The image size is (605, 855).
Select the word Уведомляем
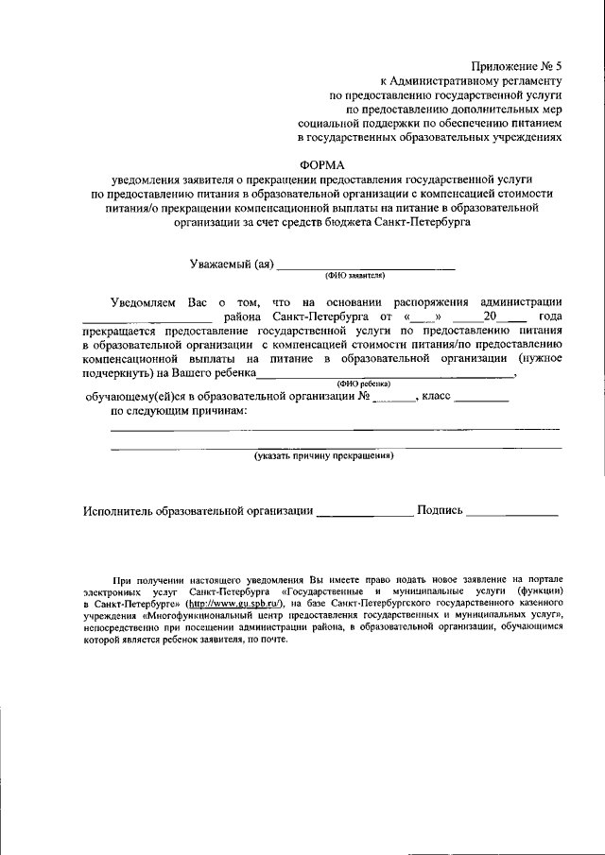pyautogui.click(x=143, y=301)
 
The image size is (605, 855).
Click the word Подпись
pyautogui.click(x=439, y=511)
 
